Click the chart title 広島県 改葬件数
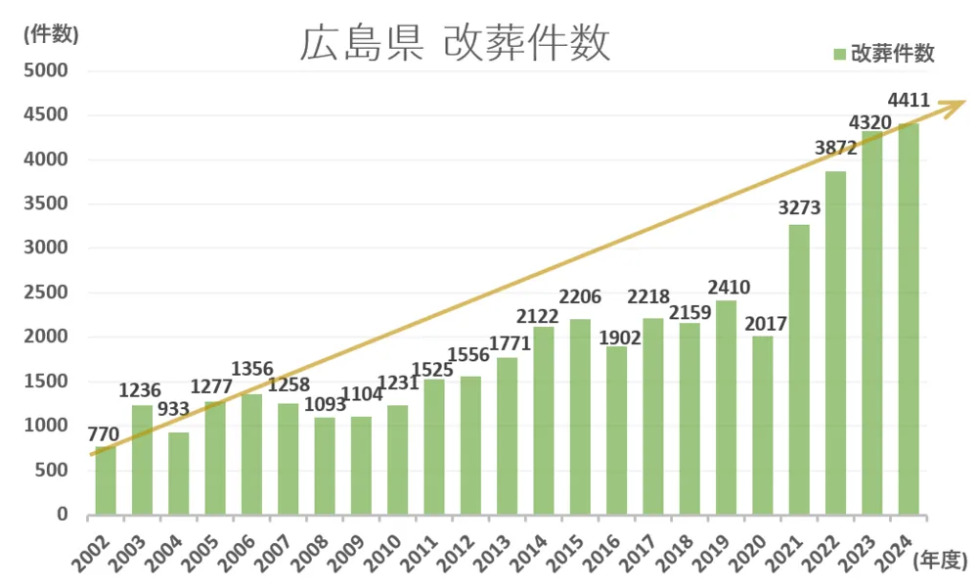click(455, 44)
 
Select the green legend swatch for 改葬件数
click(838, 54)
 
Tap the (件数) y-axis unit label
click(50, 33)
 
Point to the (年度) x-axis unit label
click(941, 561)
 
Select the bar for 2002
click(106, 480)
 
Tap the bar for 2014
click(544, 421)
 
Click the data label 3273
click(799, 207)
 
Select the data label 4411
click(909, 101)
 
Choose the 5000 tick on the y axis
click(46, 70)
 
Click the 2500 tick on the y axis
click(46, 293)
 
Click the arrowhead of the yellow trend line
click(958, 103)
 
